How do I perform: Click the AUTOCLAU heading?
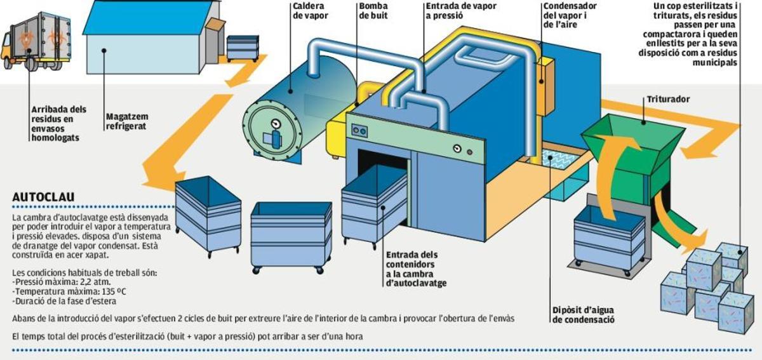(39, 198)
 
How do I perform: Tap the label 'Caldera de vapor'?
(311, 11)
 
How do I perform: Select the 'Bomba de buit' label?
(373, 11)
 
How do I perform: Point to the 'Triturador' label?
(667, 100)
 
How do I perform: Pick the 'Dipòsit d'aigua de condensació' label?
(584, 316)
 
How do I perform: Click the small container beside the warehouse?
(243, 47)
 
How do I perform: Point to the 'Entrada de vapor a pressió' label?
(460, 11)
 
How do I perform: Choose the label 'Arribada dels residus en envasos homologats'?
(58, 123)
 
